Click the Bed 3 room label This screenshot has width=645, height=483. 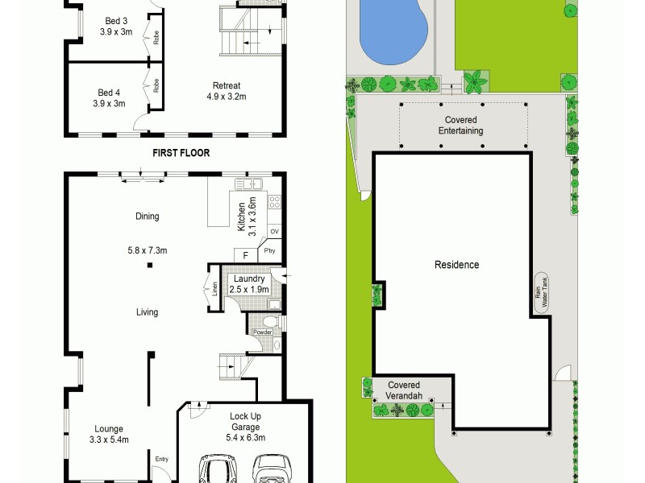point(116,27)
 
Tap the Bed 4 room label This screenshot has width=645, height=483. point(110,97)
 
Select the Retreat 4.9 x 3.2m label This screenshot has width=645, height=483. point(227,90)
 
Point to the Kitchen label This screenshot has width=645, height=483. point(245,213)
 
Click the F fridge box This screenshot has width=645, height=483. point(246,255)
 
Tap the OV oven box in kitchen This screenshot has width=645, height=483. point(274,232)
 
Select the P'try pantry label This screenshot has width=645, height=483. point(269,252)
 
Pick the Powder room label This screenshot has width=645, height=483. point(263,332)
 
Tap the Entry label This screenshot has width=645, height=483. point(162,460)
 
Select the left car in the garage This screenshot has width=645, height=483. point(216,469)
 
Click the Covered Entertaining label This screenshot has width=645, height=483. point(460,125)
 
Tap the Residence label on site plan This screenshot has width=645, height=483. point(457,265)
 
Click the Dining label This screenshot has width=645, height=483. point(148,216)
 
